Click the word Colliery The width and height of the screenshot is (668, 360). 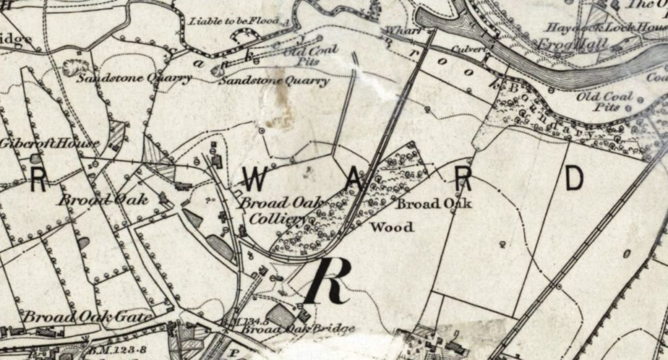(x=264, y=219)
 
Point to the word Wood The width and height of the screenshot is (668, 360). (x=391, y=228)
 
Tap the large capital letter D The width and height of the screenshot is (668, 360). (x=573, y=179)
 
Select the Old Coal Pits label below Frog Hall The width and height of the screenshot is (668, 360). (x=605, y=101)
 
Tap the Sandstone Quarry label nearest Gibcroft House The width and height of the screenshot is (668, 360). (x=134, y=79)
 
